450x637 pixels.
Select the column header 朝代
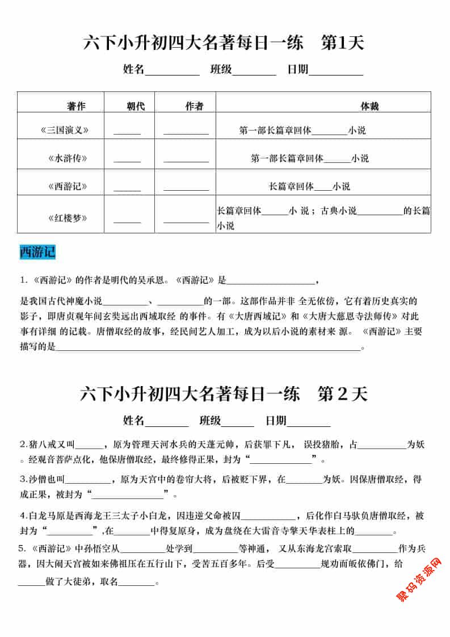coord(136,106)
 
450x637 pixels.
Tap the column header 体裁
coord(369,106)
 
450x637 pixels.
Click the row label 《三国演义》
coord(65,130)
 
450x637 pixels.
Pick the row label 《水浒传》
coord(68,158)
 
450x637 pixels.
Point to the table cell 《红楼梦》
coord(68,217)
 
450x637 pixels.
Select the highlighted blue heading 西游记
coord(37,252)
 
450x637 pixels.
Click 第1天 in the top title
coord(342,43)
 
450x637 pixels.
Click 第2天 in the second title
coord(343,395)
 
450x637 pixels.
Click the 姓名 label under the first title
coord(134,69)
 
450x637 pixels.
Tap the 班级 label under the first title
coord(221,69)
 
